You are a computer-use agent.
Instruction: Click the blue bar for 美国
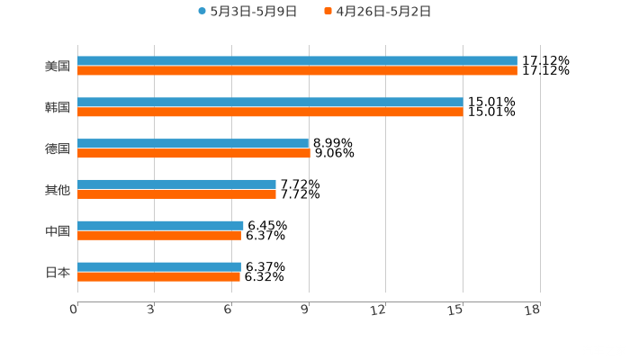pyautogui.click(x=297, y=60)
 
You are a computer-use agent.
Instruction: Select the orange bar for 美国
pyautogui.click(x=297, y=70)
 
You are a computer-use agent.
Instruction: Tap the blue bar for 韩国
pyautogui.click(x=270, y=102)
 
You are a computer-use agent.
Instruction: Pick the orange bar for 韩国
pyautogui.click(x=270, y=112)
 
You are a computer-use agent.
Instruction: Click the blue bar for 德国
pyautogui.click(x=193, y=143)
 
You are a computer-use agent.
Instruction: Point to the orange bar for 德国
pyautogui.click(x=193, y=153)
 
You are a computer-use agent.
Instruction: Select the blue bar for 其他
pyautogui.click(x=176, y=184)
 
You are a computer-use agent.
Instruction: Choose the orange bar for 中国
pyautogui.click(x=159, y=235)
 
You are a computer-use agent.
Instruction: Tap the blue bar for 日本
pyautogui.click(x=159, y=266)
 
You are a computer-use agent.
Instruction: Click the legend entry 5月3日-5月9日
pyautogui.click(x=253, y=12)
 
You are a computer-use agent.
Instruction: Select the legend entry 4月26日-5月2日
pyautogui.click(x=382, y=12)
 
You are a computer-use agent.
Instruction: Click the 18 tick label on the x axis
pyautogui.click(x=532, y=310)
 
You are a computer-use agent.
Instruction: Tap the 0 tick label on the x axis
pyautogui.click(x=74, y=310)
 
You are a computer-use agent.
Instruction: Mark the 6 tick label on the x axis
pyautogui.click(x=229, y=310)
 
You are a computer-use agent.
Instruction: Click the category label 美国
pyautogui.click(x=58, y=66)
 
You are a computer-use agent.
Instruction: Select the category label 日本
pyautogui.click(x=58, y=272)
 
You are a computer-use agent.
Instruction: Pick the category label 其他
pyautogui.click(x=58, y=189)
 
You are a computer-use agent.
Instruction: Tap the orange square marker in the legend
pyautogui.click(x=328, y=12)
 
